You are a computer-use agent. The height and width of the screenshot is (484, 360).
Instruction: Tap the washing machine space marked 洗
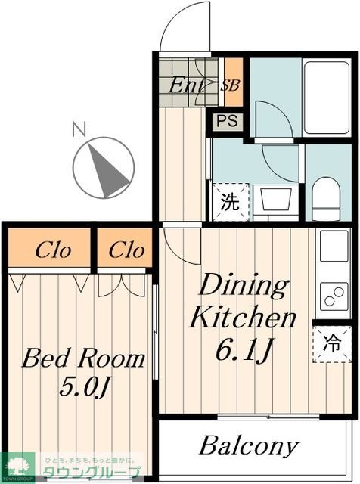click(228, 202)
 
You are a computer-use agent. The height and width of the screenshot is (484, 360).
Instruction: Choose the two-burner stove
click(334, 296)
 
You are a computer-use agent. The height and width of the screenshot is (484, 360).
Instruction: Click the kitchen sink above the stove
click(334, 247)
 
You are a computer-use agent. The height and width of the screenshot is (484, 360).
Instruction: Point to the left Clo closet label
click(49, 250)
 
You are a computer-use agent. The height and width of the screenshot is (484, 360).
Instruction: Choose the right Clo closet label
click(125, 250)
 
